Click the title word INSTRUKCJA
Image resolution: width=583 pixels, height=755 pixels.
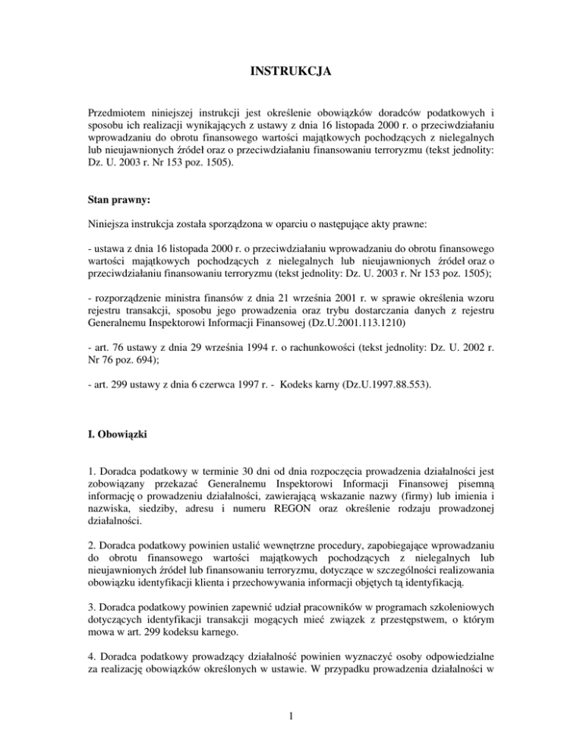pyautogui.click(x=291, y=74)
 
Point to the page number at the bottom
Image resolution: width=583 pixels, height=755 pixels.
pyautogui.click(x=291, y=734)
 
